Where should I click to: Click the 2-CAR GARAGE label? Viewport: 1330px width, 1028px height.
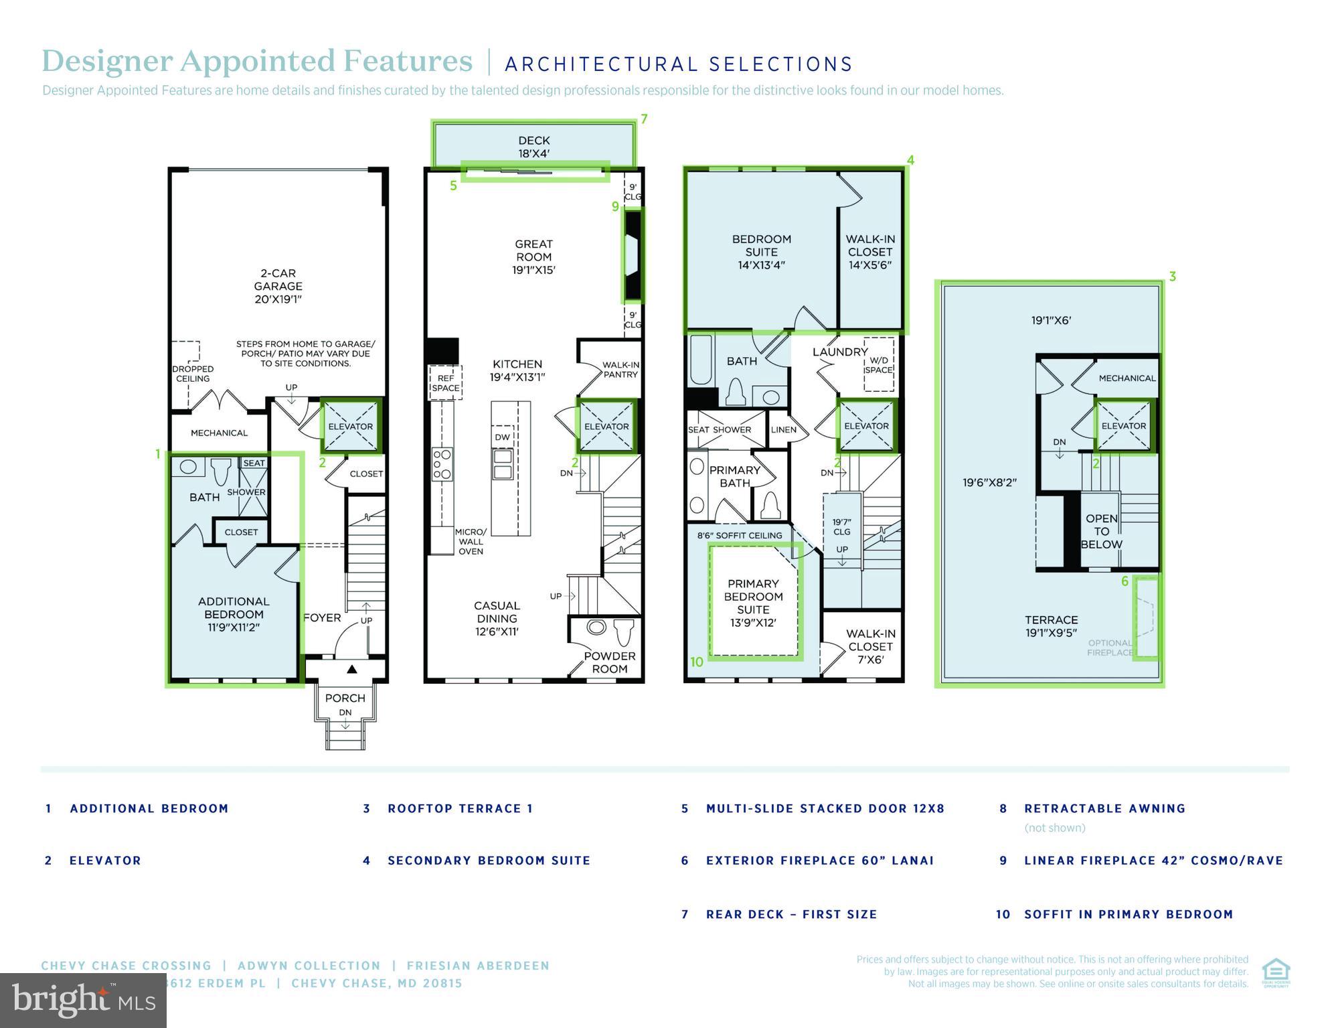coord(278,286)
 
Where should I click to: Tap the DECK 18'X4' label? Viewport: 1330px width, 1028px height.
coord(533,147)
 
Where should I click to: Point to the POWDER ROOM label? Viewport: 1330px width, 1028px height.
coord(609,662)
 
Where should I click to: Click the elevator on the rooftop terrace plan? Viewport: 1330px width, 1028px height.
coord(1124,426)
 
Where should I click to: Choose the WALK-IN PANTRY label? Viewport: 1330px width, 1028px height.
coord(620,370)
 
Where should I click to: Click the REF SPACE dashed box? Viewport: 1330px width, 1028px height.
coord(445,383)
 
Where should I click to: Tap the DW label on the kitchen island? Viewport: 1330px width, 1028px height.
coord(502,437)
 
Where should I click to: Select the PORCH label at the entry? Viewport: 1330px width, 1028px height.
coord(345,698)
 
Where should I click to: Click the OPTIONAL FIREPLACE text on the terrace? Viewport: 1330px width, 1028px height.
coord(1109,648)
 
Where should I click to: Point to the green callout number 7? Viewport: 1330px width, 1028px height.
coord(644,119)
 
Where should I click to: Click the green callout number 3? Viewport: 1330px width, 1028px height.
coord(1172,277)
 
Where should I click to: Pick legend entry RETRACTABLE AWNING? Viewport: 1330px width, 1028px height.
coord(1104,808)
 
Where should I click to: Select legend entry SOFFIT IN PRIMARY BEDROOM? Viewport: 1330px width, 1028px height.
coord(1128,914)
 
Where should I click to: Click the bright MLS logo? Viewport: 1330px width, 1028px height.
coord(83,1001)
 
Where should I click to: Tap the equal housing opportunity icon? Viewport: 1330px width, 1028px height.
coord(1275,973)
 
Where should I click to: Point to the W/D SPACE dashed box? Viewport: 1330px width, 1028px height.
coord(878,365)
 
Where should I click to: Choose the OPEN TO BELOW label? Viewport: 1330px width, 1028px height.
coord(1101,531)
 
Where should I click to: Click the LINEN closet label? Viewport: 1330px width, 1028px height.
coord(783,430)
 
